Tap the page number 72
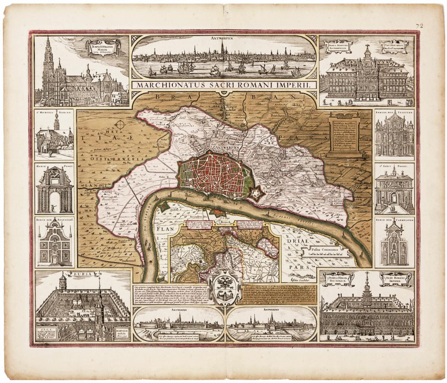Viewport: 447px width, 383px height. (419, 26)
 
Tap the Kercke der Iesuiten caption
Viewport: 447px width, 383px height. (394, 112)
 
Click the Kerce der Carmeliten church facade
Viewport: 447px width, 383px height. (394, 244)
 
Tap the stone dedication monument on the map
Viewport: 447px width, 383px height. (343, 136)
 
